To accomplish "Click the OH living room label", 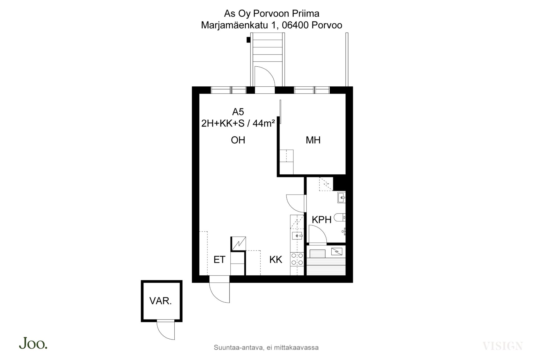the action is [238, 140].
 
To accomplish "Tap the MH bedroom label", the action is [313, 140].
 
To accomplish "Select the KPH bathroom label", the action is [321, 220].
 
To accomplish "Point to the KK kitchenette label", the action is [276, 260].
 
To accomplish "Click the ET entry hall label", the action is [219, 260].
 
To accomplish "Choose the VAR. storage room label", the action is [161, 301].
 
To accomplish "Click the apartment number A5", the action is [238, 112].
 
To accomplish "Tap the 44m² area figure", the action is [264, 123].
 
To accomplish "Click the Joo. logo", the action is [33, 343].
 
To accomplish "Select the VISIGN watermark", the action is [503, 346].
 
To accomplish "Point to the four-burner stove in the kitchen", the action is [297, 259].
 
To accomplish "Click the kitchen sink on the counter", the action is [297, 235].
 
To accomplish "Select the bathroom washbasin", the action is [341, 197].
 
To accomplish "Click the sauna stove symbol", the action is [337, 251].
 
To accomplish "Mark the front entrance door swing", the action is [220, 293].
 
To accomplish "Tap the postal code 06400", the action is [295, 25].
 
